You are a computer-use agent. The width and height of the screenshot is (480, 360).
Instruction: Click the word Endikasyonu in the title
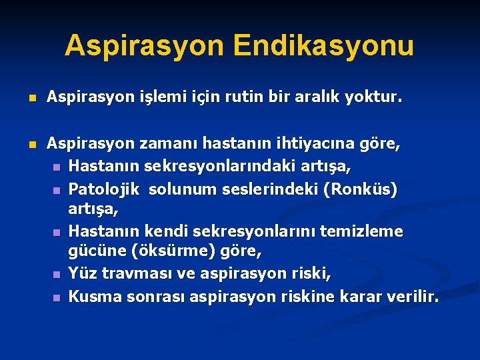click(324, 46)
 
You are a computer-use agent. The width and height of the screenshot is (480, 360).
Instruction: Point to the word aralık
click(319, 99)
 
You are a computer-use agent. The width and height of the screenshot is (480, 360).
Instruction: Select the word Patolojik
click(104, 189)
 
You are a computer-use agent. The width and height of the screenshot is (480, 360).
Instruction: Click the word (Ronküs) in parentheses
click(359, 189)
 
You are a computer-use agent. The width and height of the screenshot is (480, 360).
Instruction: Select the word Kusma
click(94, 296)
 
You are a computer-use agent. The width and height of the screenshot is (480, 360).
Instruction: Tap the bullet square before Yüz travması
click(57, 275)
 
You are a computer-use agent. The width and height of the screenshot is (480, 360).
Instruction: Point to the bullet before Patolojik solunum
click(57, 191)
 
